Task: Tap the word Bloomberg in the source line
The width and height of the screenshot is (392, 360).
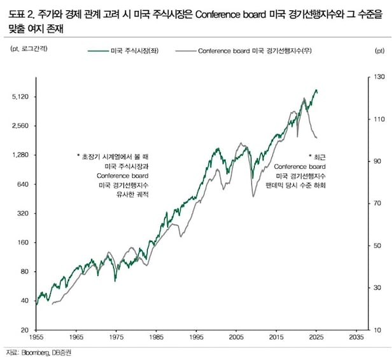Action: [x=36, y=353]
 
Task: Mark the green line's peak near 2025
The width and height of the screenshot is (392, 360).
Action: [x=316, y=90]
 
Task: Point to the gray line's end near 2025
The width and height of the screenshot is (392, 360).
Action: [x=317, y=138]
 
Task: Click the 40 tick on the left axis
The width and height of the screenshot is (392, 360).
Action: [x=25, y=300]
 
